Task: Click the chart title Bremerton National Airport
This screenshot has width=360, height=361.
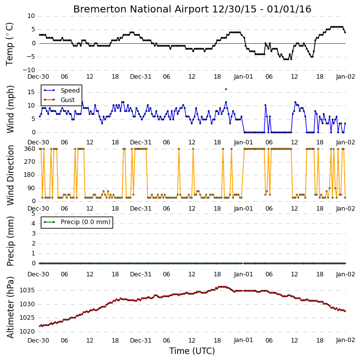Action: point(141,9)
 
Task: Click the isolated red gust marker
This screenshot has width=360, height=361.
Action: point(226,89)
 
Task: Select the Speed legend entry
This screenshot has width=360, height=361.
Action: point(62,90)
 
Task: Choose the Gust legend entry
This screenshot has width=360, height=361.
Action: point(59,100)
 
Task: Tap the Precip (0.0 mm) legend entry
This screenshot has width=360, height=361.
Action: point(77,222)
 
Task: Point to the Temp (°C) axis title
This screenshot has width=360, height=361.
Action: point(9,44)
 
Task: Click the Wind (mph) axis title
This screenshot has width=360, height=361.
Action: point(10,110)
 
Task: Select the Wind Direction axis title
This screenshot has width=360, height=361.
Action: point(10,175)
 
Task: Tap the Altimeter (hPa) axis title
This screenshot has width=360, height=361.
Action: point(10,307)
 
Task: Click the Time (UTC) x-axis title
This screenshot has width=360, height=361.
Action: point(192,351)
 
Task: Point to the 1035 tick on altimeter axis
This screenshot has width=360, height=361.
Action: point(27,290)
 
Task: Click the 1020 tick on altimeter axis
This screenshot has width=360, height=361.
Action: point(27,332)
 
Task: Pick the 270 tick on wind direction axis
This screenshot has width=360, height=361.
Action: point(30,162)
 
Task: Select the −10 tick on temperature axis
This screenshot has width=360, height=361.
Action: point(29,70)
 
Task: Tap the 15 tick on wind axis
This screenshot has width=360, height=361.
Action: point(31,92)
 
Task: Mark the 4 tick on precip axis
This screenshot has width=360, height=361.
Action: point(33,224)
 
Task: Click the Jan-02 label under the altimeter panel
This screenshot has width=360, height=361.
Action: point(345,340)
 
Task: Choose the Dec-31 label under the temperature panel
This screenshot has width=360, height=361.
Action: point(140,77)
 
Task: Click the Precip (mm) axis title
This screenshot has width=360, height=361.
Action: point(10,241)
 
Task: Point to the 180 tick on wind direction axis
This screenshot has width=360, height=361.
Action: point(30,175)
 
